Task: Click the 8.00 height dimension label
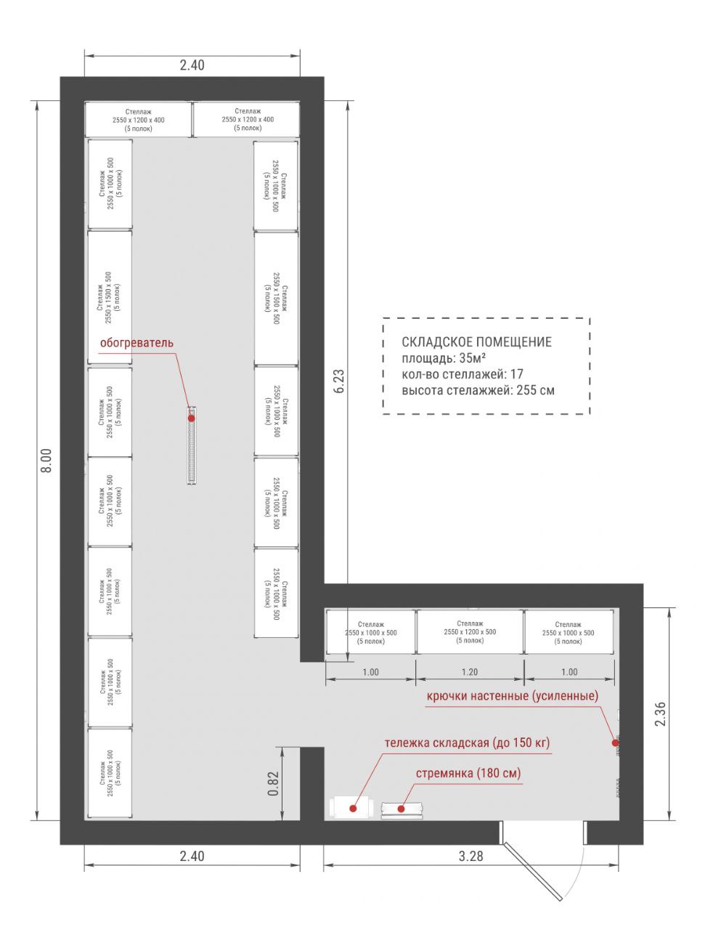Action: coord(46,460)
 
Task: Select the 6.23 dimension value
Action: coord(339,381)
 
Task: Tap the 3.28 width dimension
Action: coord(470,856)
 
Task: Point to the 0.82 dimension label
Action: coord(273,783)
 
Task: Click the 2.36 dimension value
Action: coord(660,714)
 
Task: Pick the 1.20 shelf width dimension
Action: coord(470,672)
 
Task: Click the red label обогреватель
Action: coord(136,342)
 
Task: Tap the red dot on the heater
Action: coord(192,418)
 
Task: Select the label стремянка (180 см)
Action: coord(468,773)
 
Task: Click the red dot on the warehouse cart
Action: coord(353,809)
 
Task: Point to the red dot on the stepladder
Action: coord(401,809)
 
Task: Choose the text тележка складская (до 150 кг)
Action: coord(467,743)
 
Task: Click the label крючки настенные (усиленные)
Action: coord(513,696)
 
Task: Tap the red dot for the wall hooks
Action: coord(615,743)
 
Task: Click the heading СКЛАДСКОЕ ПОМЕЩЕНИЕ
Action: coord(476,342)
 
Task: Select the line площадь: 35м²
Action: coord(444,358)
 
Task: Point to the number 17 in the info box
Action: coord(516,374)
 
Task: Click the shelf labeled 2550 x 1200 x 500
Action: coord(470,631)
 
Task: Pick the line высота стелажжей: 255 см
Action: coord(478,390)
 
